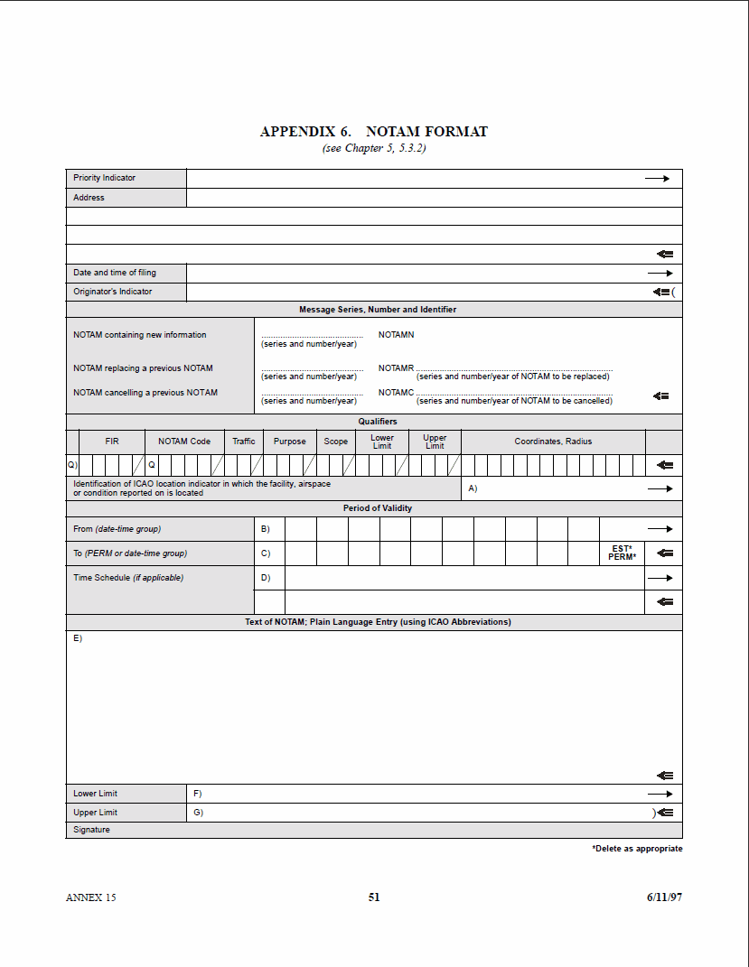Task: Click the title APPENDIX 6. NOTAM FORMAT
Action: (x=373, y=132)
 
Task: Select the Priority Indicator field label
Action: (x=104, y=178)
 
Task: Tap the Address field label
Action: (x=89, y=198)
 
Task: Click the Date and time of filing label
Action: (x=115, y=273)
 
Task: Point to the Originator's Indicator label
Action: (x=112, y=292)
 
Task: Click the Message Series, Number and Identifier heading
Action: (x=378, y=310)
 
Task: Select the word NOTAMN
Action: (x=396, y=335)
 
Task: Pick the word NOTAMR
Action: (x=396, y=368)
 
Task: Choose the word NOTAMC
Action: (x=396, y=393)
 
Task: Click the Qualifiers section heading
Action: (x=378, y=422)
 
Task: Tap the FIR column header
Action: (x=112, y=442)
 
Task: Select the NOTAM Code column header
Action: (x=184, y=442)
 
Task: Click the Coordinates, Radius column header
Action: (x=553, y=442)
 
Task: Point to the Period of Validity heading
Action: (x=378, y=508)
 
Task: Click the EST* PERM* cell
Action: (x=622, y=553)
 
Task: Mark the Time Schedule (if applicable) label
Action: (x=127, y=578)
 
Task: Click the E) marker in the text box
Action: (x=78, y=638)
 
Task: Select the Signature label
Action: (x=91, y=830)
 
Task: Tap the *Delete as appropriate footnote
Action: (x=637, y=849)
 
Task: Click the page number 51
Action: (x=374, y=897)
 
